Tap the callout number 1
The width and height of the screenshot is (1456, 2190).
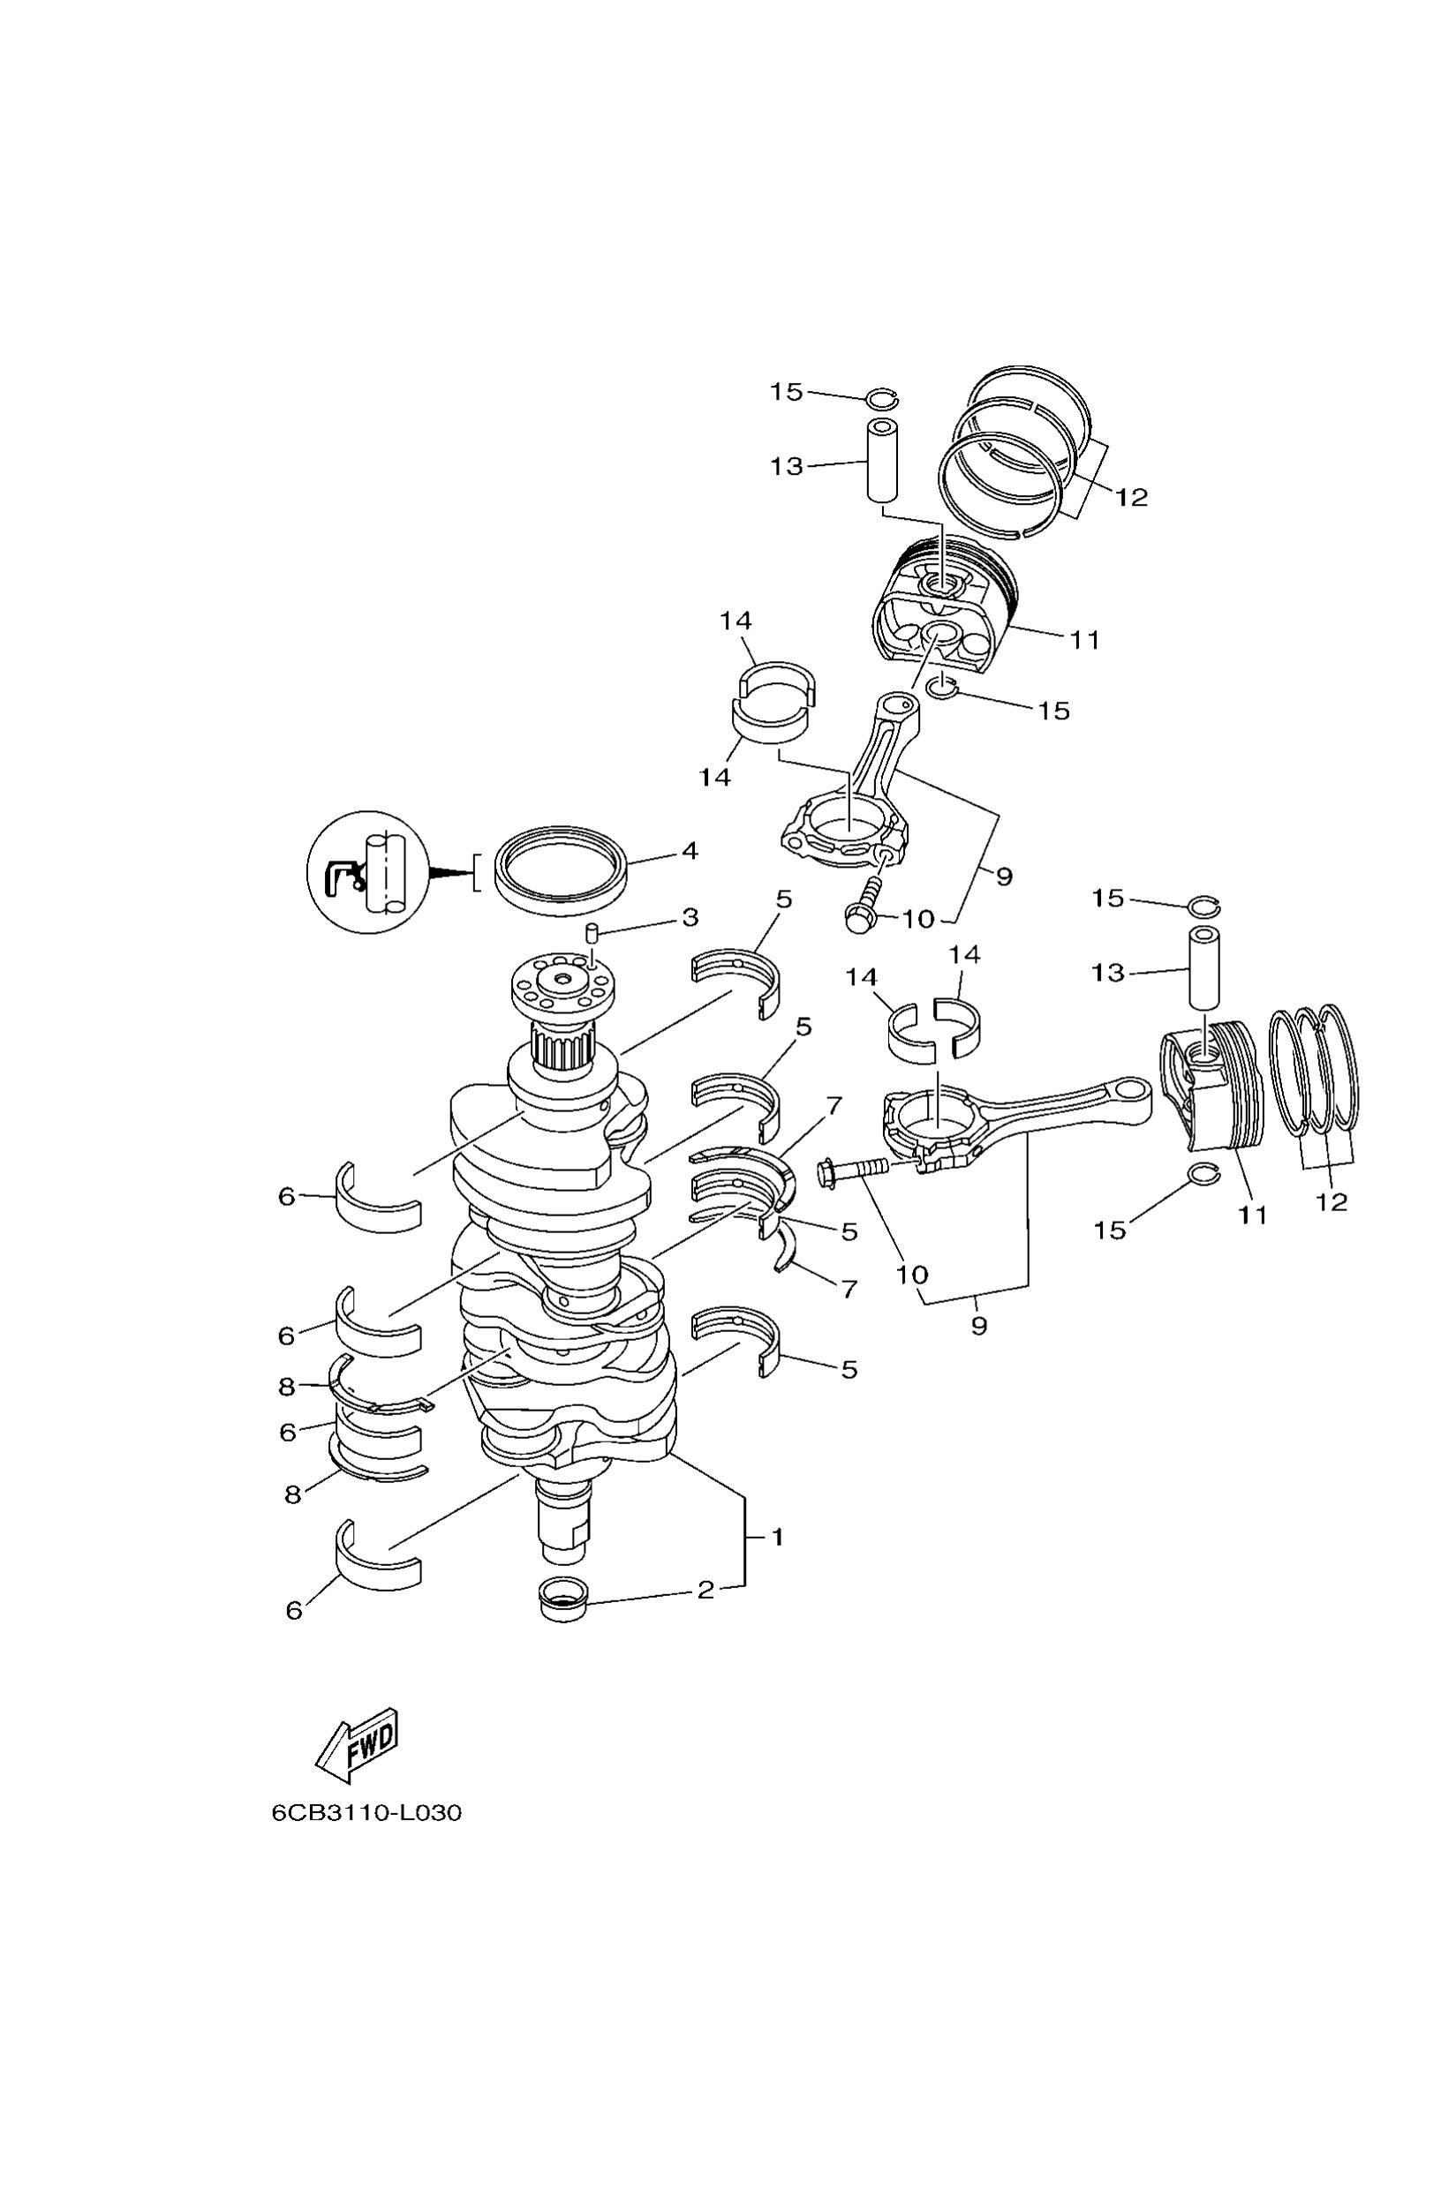[x=778, y=1538]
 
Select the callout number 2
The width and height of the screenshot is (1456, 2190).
[x=705, y=1591]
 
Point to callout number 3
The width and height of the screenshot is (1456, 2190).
[x=689, y=918]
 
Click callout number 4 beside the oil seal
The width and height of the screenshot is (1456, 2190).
[x=689, y=850]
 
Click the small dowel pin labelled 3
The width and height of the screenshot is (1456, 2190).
[x=591, y=932]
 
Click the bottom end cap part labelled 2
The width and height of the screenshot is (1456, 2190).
[x=563, y=1599]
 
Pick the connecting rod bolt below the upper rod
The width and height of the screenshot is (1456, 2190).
[x=861, y=907]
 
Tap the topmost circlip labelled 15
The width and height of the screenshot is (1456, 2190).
[x=881, y=398]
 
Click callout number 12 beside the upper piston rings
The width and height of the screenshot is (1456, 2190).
[x=1131, y=498]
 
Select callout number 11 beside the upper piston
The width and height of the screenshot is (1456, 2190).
[x=1084, y=640]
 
